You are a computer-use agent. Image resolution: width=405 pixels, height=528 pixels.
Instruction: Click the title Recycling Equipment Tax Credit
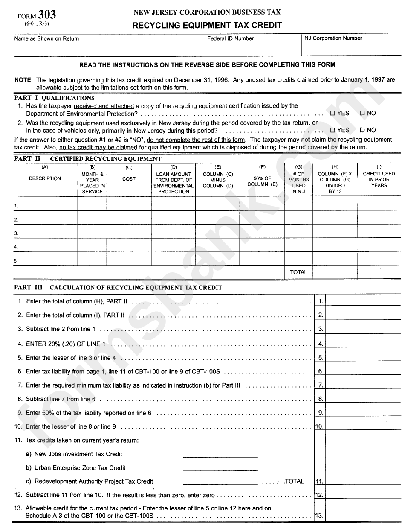point(207,25)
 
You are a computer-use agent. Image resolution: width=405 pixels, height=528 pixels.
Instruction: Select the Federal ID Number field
point(251,47)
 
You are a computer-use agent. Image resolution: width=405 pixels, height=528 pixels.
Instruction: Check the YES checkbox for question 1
point(333,114)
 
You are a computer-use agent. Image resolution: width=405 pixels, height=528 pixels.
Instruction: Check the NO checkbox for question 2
point(362,130)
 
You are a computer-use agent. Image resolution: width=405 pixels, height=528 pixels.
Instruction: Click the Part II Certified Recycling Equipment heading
point(88,159)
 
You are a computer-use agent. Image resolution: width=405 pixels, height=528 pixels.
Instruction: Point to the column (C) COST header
point(129,179)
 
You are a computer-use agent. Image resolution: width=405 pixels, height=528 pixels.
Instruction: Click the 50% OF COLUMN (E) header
point(262,181)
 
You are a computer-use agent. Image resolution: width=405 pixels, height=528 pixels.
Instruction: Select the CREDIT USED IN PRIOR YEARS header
point(379,180)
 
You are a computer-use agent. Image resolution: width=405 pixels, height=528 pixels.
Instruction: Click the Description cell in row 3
point(46,233)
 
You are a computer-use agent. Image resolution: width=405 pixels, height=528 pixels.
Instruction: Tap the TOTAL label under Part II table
point(298,272)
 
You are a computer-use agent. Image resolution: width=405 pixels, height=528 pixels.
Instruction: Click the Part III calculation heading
point(118,288)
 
